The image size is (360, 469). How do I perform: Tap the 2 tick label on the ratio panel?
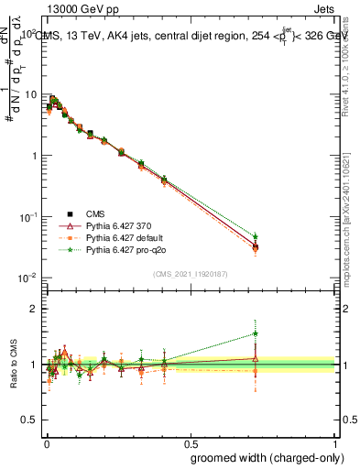pos(33,309)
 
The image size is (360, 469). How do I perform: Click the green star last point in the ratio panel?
pos(256,333)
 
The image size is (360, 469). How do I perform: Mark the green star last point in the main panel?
pos(256,236)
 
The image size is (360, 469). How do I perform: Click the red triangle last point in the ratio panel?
pos(256,359)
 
